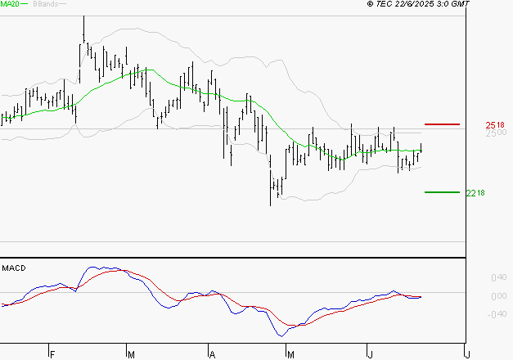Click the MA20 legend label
pos(11,5)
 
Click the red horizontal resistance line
pos(442,124)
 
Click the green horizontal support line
pos(442,192)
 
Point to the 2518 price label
pos(494,124)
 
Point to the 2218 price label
pos(475,193)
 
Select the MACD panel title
pos(13,268)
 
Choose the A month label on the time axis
pos(211,353)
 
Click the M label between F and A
pos(131,353)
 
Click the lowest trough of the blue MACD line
pos(281,335)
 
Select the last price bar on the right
pos(421,148)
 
